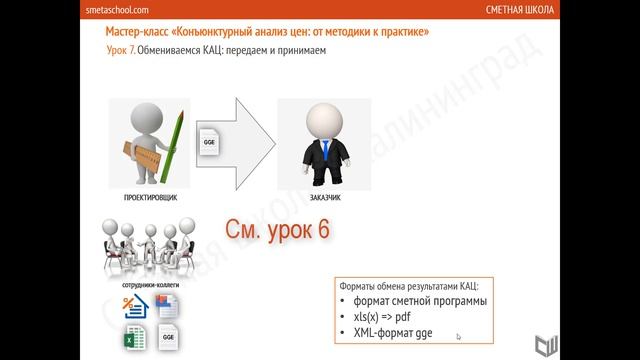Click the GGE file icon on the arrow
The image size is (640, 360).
(209, 142)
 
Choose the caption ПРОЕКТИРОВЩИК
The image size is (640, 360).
(150, 198)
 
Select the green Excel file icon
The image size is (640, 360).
(135, 338)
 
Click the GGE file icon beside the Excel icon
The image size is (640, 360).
(165, 338)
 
